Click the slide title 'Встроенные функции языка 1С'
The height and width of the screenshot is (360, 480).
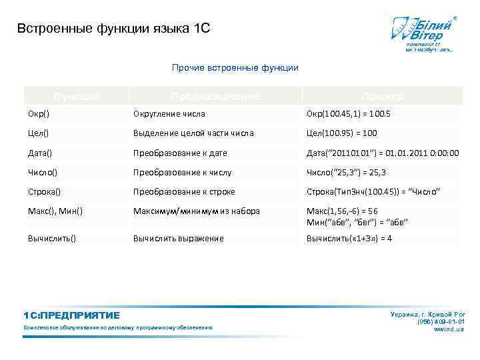coord(113,29)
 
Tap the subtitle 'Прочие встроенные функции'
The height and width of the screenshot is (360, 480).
coord(235,67)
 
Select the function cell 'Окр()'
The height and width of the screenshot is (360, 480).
coord(39,114)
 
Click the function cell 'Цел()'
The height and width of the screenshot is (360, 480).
coord(39,133)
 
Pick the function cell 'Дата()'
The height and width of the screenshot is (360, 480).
coord(41,153)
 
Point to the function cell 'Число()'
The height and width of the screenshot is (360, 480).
coord(43,172)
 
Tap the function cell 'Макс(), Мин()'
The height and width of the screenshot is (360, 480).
coord(55,211)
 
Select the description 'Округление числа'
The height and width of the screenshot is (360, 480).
coord(169,114)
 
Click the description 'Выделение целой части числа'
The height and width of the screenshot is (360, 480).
coord(193,133)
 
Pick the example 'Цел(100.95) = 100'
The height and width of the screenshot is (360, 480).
coord(341,133)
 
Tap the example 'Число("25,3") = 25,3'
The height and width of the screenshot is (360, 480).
coord(346,172)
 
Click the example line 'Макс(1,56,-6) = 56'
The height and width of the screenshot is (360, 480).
coord(341,211)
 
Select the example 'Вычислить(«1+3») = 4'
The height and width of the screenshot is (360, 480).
coord(349,238)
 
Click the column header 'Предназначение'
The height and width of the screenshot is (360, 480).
coord(214,97)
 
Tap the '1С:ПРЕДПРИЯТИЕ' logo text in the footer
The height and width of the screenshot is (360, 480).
coord(71,315)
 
